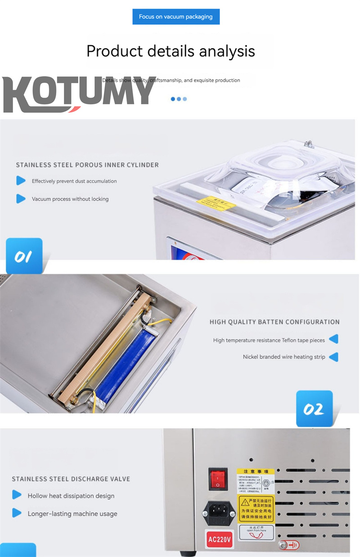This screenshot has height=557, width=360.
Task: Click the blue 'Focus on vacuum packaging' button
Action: pos(175,17)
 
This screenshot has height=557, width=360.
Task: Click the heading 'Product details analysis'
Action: pos(171,51)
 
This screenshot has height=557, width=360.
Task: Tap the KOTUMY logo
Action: pos(78,94)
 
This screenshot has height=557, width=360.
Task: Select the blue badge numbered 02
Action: pos(314,409)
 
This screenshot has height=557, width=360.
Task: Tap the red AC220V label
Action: pos(220,538)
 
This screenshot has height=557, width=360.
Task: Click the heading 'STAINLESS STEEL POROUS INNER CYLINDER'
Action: pos(87,165)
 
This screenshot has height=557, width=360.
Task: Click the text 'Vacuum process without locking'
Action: pos(70,199)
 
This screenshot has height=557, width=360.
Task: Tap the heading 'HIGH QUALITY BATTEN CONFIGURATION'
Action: pos(274,322)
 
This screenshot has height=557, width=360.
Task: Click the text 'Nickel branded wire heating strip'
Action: pos(284,357)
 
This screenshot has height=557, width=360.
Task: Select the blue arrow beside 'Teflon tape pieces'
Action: pos(333,339)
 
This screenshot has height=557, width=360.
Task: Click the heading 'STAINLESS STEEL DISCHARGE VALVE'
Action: pos(71,479)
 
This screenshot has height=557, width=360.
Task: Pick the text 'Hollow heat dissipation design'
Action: pos(71,496)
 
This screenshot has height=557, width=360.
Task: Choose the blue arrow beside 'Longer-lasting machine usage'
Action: pos(17,513)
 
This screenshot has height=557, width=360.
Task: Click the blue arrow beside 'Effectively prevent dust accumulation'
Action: pos(21,181)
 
